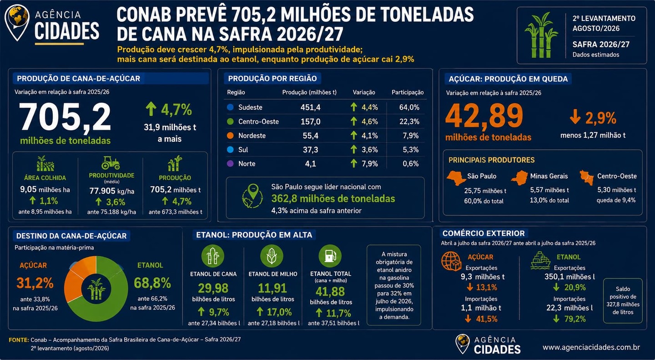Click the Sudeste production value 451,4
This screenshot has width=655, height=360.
[x=310, y=107]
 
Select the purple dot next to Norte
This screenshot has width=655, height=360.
[x=231, y=163]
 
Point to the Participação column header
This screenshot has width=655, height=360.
[x=408, y=92]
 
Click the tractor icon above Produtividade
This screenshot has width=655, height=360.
[x=111, y=163]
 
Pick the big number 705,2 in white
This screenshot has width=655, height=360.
[x=65, y=117]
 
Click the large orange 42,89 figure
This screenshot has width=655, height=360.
[x=484, y=116]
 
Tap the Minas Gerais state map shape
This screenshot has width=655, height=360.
[x=519, y=178]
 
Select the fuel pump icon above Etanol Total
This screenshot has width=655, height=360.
[x=330, y=256]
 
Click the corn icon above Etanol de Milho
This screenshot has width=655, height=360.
[x=272, y=256]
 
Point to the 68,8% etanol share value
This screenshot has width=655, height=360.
[x=152, y=283]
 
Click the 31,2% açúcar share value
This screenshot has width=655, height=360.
[x=35, y=283]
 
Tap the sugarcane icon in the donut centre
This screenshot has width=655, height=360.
[x=96, y=289]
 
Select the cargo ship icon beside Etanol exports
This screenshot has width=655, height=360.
[x=540, y=260]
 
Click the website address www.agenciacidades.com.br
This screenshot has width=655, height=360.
[x=591, y=347]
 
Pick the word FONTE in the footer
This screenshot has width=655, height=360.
[x=19, y=340]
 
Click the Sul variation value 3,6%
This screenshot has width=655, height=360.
[x=370, y=150]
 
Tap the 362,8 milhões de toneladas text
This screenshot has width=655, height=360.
[x=333, y=199]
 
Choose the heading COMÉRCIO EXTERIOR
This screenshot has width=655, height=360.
[x=484, y=233]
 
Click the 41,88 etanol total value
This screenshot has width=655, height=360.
[x=330, y=292]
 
